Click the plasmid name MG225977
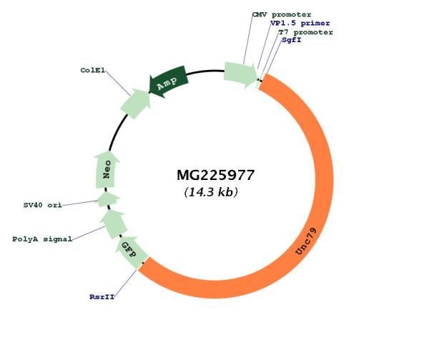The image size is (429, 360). (x=216, y=175)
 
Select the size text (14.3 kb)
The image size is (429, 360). (x=211, y=192)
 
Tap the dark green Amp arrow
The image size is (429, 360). (x=168, y=81)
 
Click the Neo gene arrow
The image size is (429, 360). (x=107, y=169)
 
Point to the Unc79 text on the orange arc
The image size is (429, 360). (x=306, y=241)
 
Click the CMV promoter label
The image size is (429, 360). (x=282, y=14)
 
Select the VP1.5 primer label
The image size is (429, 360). (x=300, y=24)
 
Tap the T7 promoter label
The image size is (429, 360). (x=305, y=32)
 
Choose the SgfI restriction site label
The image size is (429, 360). (x=292, y=40)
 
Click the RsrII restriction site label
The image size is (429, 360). (x=102, y=296)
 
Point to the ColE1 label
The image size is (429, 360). (x=92, y=70)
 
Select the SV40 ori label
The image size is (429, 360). (x=43, y=205)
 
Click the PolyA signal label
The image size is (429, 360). (x=42, y=239)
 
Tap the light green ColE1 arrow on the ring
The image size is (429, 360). (x=136, y=103)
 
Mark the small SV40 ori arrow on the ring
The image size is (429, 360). (x=108, y=199)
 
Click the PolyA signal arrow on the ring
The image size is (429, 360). (x=114, y=224)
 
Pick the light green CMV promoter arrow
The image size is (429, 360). (x=240, y=74)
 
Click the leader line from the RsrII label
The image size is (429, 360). (x=125, y=283)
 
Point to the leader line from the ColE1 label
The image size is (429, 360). (x=118, y=83)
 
